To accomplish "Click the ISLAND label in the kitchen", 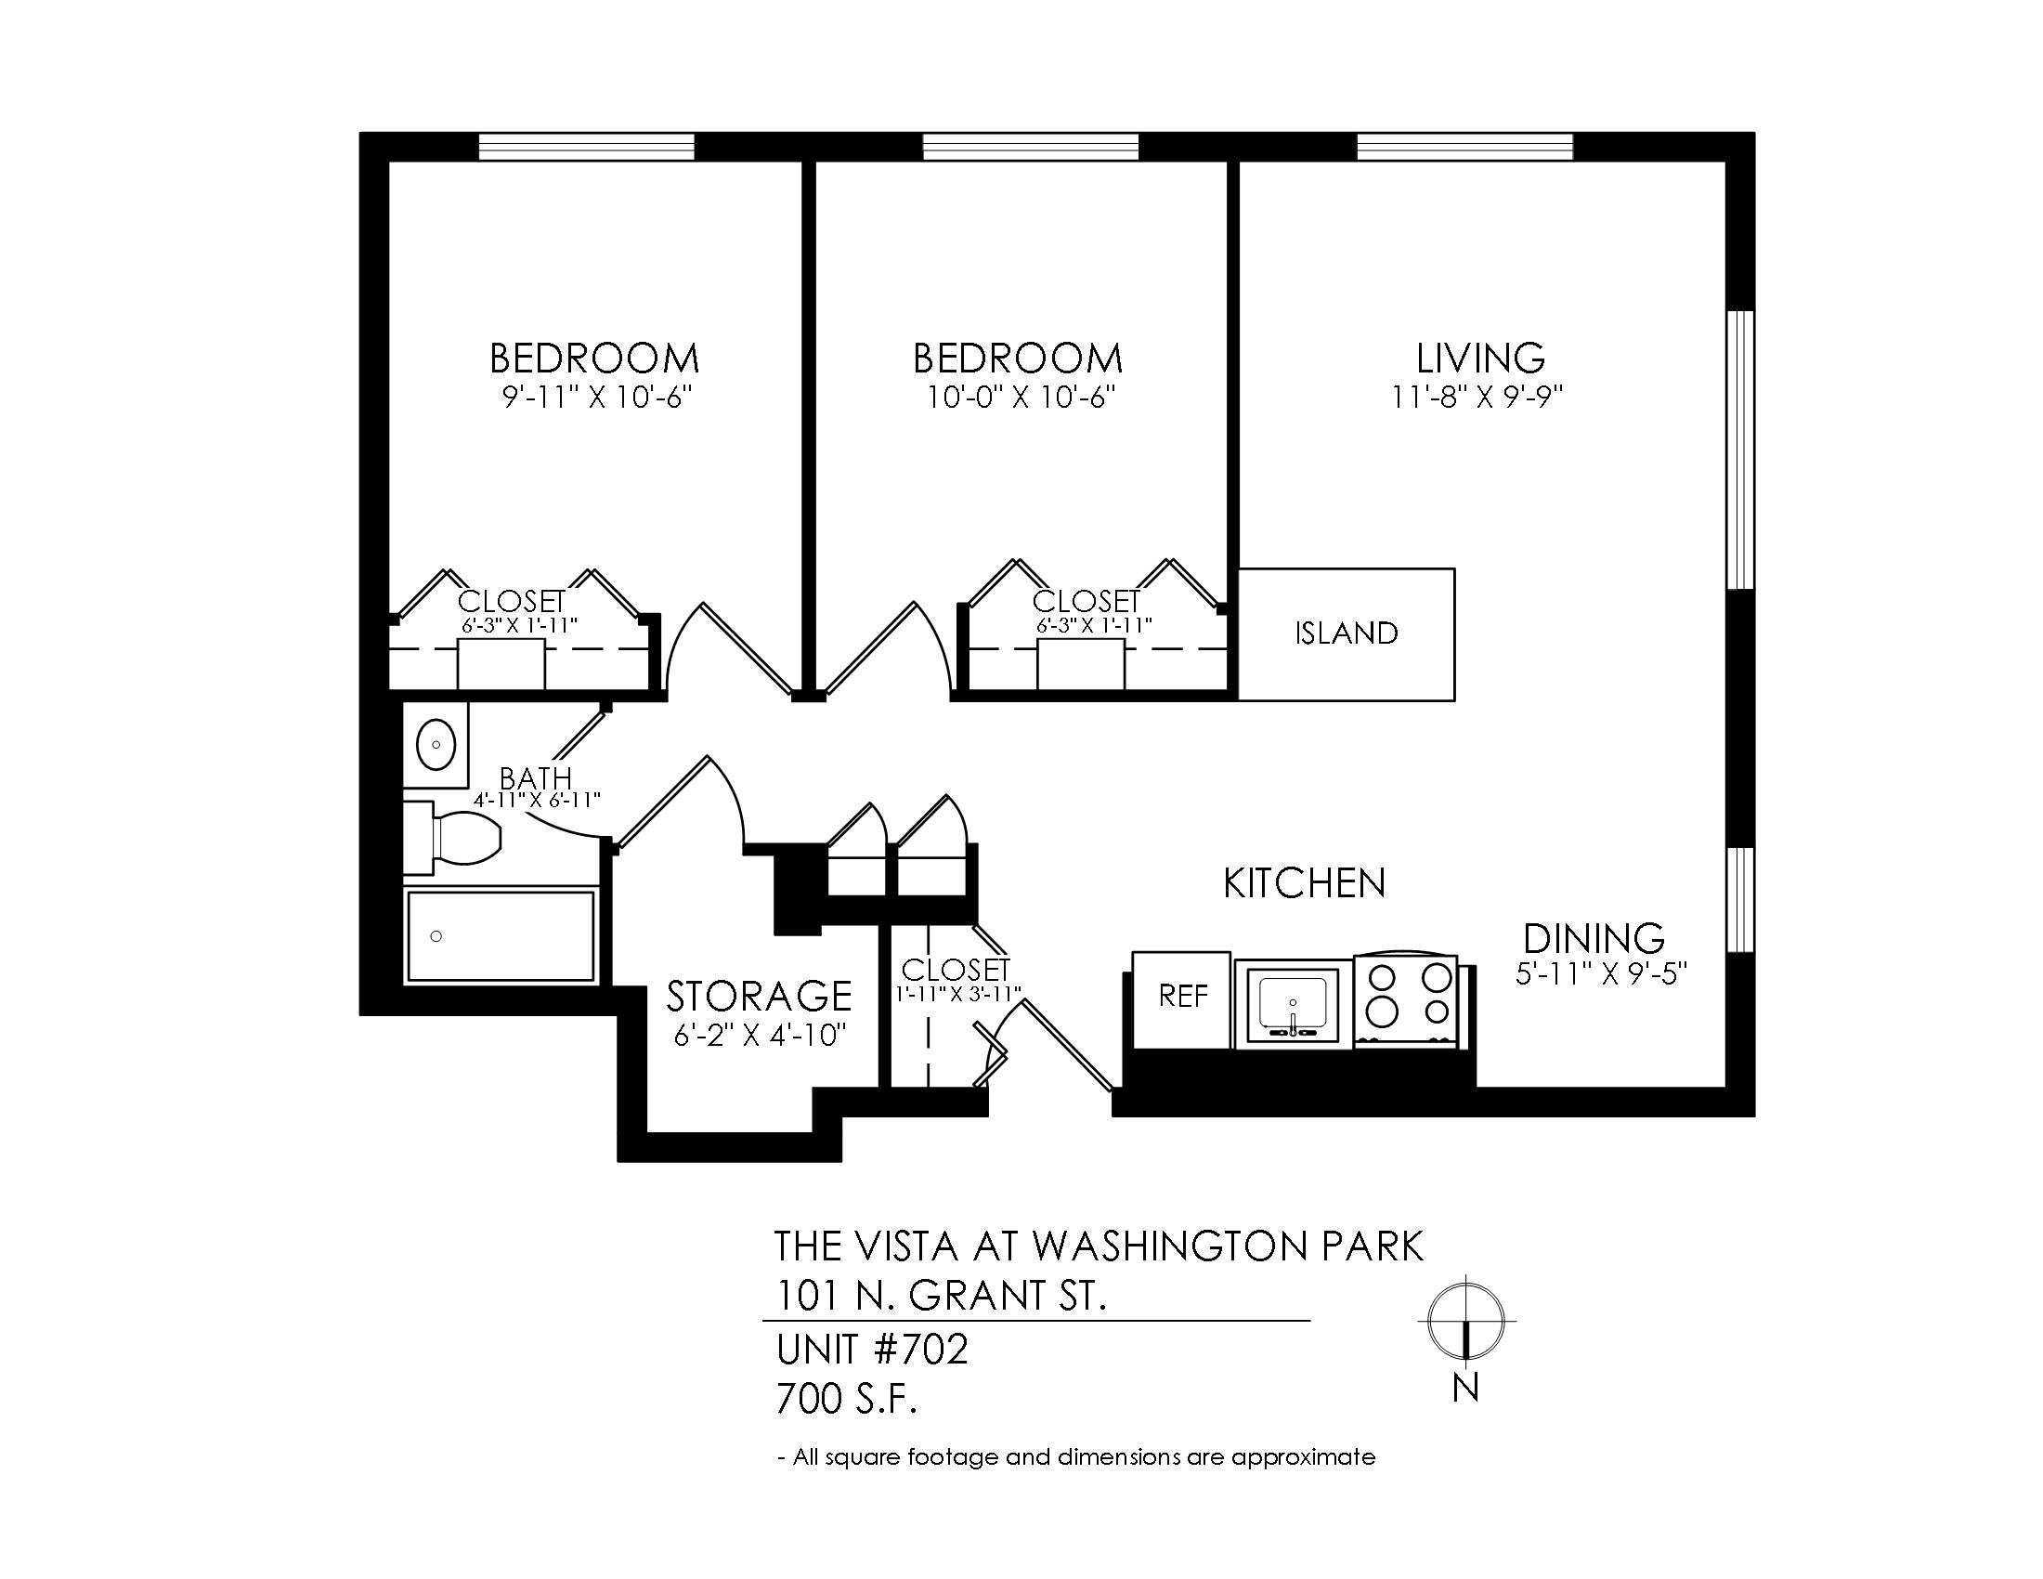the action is click(1347, 633).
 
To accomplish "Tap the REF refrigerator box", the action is click(1181, 1000).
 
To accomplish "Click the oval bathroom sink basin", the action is click(436, 745).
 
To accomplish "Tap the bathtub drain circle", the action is click(435, 935).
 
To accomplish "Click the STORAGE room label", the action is click(759, 997).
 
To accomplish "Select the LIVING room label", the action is click(1480, 359).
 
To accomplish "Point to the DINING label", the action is click(1594, 938).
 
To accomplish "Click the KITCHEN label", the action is click(1304, 883).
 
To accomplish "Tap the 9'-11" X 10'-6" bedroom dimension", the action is click(597, 398).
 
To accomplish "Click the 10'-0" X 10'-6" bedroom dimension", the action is click(1021, 398).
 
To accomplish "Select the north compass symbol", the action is click(1465, 1320).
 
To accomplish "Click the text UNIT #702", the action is click(872, 1350).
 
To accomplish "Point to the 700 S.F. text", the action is click(847, 1400).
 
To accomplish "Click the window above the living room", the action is click(1464, 147).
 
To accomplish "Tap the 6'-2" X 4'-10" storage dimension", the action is click(761, 1037).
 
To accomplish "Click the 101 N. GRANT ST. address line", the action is click(941, 1296).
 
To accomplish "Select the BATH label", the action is click(535, 778).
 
